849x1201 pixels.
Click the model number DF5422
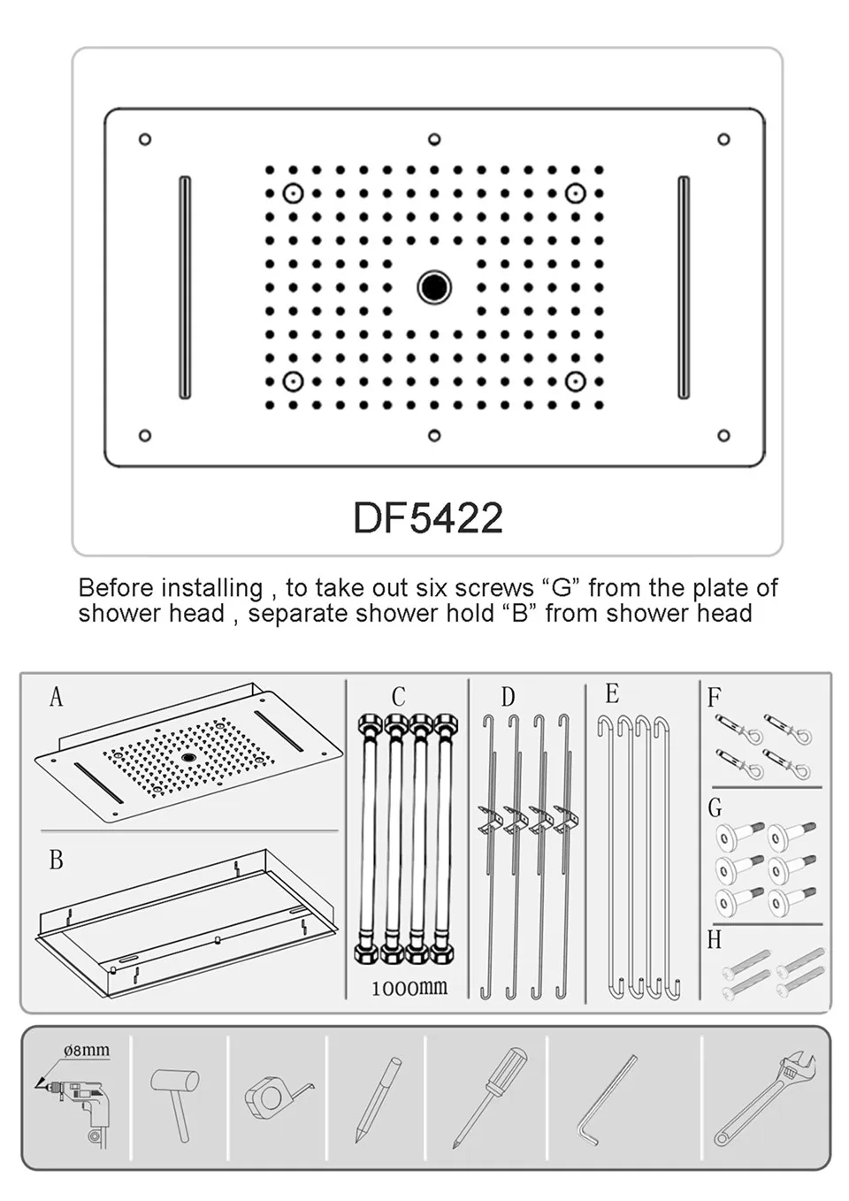(x=428, y=518)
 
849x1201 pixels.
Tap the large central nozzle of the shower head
(x=434, y=287)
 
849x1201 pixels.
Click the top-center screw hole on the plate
(x=434, y=139)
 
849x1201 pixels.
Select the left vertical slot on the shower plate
(x=185, y=287)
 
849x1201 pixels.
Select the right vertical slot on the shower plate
(x=684, y=287)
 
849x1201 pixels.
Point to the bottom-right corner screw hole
(x=723, y=435)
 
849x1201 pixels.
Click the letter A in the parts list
(x=57, y=698)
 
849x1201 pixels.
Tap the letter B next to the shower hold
(x=57, y=860)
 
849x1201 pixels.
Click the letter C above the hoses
(x=398, y=697)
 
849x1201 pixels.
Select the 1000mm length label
(x=409, y=988)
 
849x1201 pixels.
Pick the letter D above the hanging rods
(x=508, y=697)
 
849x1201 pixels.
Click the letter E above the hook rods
(x=612, y=693)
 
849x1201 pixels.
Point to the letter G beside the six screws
(x=715, y=807)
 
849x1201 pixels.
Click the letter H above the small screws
(x=715, y=940)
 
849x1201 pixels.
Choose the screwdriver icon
(x=489, y=1097)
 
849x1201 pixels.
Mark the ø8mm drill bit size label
(x=87, y=1051)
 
